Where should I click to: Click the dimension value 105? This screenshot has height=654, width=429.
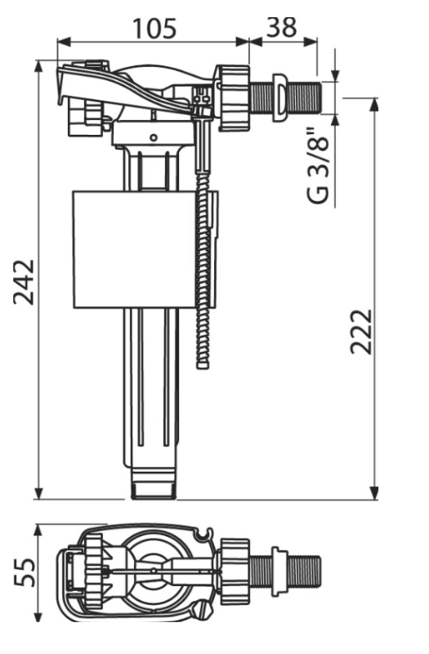(154, 29)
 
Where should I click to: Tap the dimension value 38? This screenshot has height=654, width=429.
(282, 27)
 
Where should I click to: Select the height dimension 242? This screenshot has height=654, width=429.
(24, 282)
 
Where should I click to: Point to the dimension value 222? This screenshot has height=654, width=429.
(360, 332)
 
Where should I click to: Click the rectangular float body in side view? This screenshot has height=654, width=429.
(134, 249)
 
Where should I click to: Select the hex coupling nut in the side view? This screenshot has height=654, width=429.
(233, 97)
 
